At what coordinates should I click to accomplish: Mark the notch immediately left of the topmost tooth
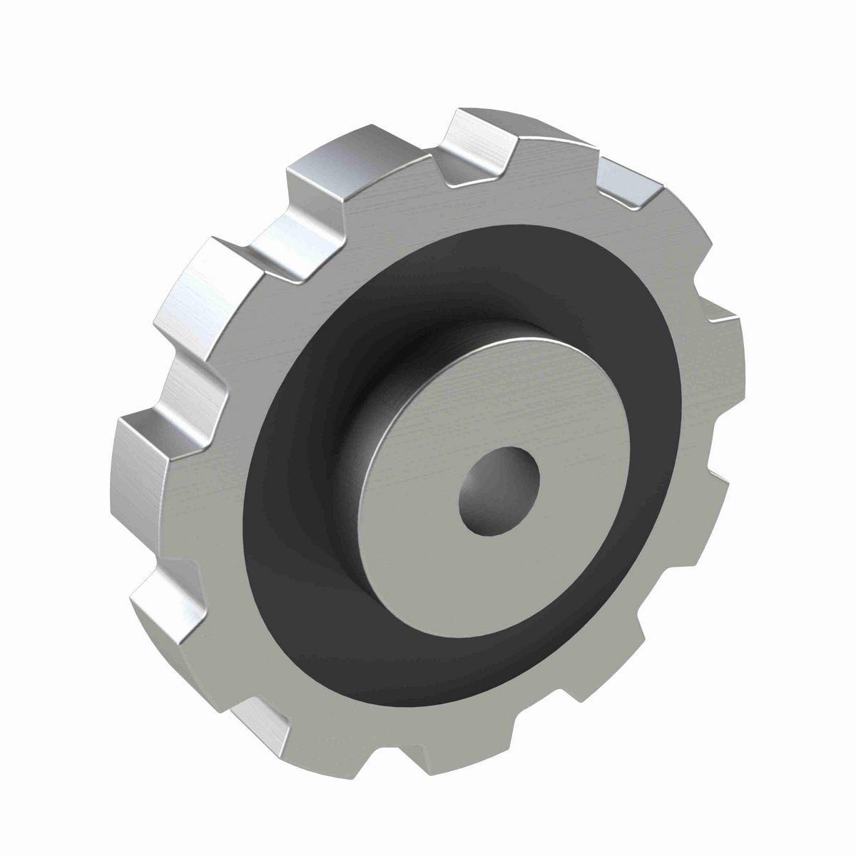click(x=421, y=171)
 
